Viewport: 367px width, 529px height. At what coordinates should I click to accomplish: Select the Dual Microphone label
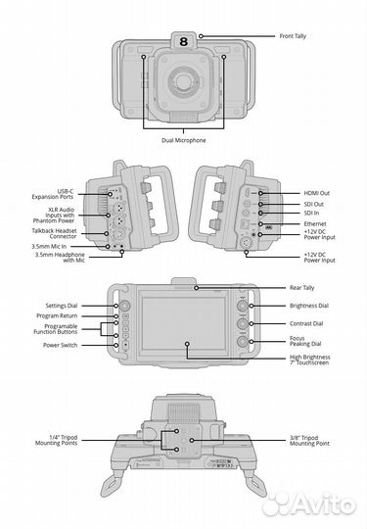pos(183,140)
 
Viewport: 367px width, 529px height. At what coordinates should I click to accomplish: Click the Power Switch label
pos(84,346)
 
